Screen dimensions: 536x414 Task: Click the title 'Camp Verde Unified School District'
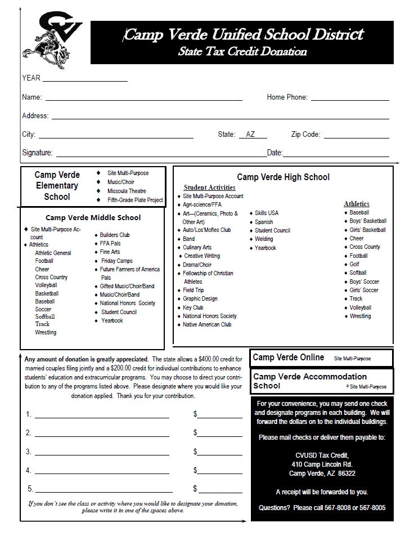(243, 35)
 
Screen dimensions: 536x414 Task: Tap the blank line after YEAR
(85, 79)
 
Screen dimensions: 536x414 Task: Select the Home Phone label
(287, 97)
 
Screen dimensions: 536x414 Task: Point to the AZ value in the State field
(251, 135)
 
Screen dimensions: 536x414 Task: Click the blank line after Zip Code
(356, 136)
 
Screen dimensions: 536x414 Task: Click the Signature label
(37, 153)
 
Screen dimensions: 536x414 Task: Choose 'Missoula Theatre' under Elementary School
(127, 191)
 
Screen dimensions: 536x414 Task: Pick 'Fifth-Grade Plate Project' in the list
(135, 200)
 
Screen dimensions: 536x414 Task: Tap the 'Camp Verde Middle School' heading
(93, 218)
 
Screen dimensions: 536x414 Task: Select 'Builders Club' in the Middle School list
(115, 235)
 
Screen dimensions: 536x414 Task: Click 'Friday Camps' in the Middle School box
(116, 261)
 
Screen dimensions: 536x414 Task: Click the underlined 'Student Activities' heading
(209, 187)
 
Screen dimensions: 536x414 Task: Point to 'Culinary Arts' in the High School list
(197, 247)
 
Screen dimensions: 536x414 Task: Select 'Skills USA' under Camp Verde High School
(266, 213)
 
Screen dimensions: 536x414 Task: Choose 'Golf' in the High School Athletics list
(354, 264)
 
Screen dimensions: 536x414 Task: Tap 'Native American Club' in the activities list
(207, 324)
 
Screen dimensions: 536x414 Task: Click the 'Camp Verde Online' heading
(289, 358)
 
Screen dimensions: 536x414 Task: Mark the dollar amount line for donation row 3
(219, 453)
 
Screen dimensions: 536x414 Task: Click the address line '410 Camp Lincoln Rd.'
(322, 464)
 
